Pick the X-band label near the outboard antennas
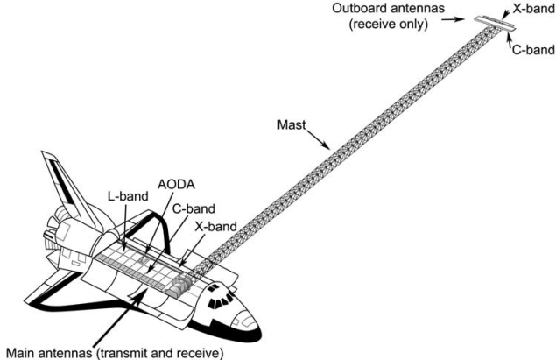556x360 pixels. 532,8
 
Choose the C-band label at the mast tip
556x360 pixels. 532,50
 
